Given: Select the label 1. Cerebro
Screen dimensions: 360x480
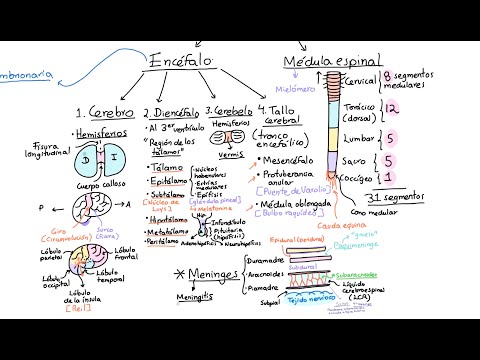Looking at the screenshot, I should (x=103, y=113).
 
